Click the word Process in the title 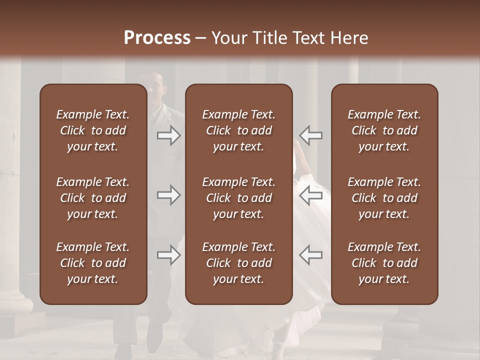[x=157, y=38]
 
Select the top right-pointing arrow [x=168, y=135]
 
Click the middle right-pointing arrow [x=168, y=195]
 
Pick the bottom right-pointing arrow [x=168, y=255]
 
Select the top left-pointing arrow [x=311, y=135]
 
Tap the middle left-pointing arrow [x=311, y=195]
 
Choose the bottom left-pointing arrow [x=311, y=255]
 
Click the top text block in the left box [x=92, y=130]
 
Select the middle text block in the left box [x=92, y=198]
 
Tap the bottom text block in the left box [x=92, y=263]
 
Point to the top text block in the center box [x=238, y=130]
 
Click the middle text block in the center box [x=238, y=198]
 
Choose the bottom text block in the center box [x=238, y=263]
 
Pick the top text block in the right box [x=384, y=130]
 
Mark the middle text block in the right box [x=384, y=198]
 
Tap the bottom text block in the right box [x=384, y=263]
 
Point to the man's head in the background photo [x=155, y=87]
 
